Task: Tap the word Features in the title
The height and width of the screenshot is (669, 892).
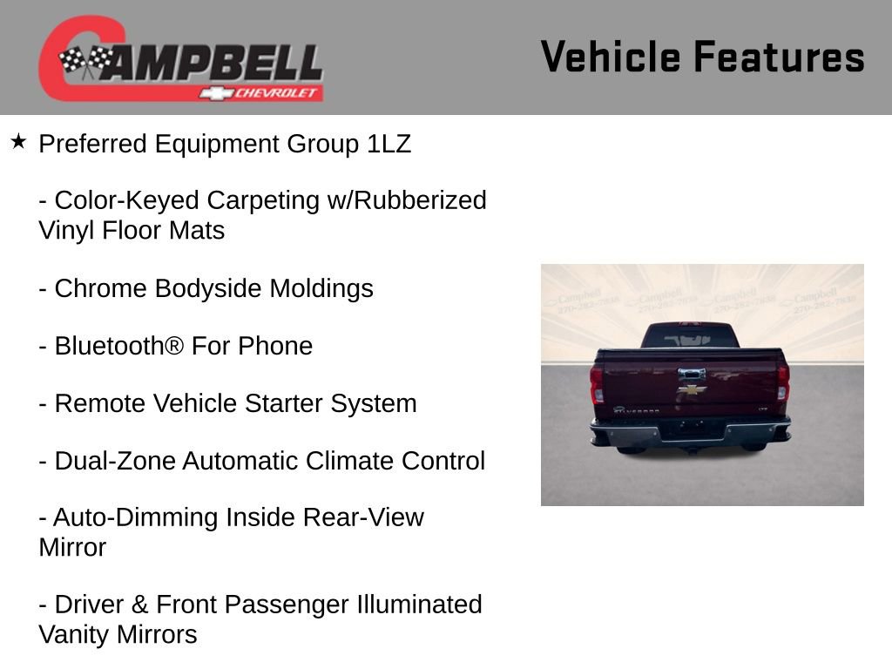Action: pyautogui.click(x=779, y=57)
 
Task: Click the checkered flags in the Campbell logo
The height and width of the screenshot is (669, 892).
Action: pyautogui.click(x=85, y=60)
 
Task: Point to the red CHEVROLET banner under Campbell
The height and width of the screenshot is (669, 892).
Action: pyautogui.click(x=261, y=92)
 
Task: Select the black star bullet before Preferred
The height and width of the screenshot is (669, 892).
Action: pyautogui.click(x=18, y=141)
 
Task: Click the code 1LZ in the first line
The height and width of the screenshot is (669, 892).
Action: pyautogui.click(x=389, y=144)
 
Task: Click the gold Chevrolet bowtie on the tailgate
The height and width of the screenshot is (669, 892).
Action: pyautogui.click(x=693, y=390)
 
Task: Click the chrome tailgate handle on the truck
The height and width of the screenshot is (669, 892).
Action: pyautogui.click(x=693, y=375)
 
